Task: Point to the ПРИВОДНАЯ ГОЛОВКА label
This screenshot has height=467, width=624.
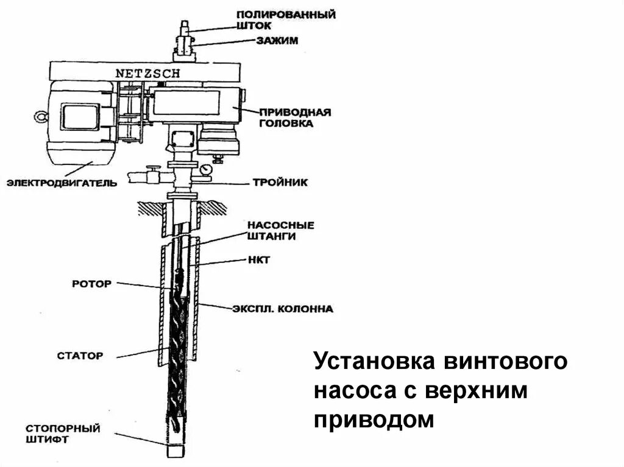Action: click(x=295, y=118)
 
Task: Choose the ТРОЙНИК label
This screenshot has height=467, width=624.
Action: click(x=280, y=182)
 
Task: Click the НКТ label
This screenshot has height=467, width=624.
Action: click(x=258, y=260)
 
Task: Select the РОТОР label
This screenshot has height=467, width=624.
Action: click(x=91, y=284)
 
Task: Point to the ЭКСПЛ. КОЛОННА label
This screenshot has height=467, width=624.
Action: click(x=282, y=309)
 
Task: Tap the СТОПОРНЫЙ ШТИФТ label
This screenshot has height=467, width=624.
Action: click(x=63, y=432)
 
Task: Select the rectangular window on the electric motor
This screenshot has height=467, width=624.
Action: click(x=81, y=116)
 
